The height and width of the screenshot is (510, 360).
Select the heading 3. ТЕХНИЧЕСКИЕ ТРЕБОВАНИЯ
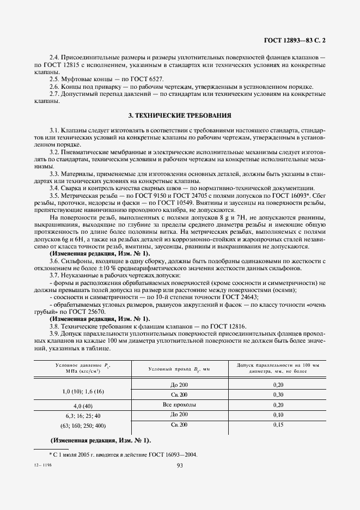tap(180, 116)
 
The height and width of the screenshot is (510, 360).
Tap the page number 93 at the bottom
tap(180, 465)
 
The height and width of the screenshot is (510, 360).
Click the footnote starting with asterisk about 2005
tap(123, 454)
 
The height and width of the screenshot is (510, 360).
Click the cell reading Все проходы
tap(179, 405)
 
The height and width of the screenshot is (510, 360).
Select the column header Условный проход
tap(179, 369)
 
